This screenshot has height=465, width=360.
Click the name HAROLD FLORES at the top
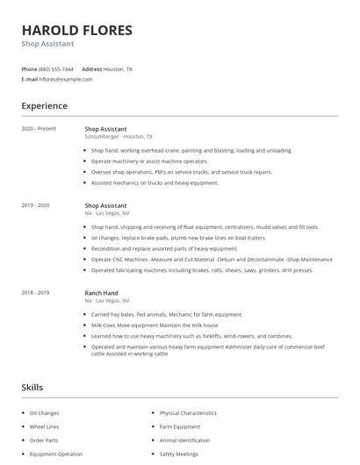click(77, 30)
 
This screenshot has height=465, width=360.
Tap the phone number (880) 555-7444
click(56, 68)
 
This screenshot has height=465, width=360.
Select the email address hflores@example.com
click(66, 79)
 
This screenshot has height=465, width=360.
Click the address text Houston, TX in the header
click(118, 68)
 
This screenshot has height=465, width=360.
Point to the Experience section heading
click(44, 106)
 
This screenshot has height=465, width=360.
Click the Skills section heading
click(32, 387)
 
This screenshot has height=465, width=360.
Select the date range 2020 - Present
click(39, 129)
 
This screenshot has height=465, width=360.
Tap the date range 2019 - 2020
click(36, 205)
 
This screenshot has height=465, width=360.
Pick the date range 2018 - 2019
click(36, 292)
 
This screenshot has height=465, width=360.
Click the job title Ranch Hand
click(101, 292)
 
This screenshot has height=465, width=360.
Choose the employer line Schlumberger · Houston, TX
click(119, 137)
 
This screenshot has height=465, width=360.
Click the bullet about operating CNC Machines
click(211, 260)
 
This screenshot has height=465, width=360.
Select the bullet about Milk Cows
click(155, 325)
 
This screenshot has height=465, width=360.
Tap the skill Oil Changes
click(44, 412)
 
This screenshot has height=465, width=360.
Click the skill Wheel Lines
click(44, 426)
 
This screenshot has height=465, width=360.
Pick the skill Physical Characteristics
click(188, 412)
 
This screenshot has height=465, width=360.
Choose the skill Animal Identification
click(184, 440)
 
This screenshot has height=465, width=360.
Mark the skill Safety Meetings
click(179, 454)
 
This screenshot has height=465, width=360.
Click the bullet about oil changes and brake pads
click(178, 238)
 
